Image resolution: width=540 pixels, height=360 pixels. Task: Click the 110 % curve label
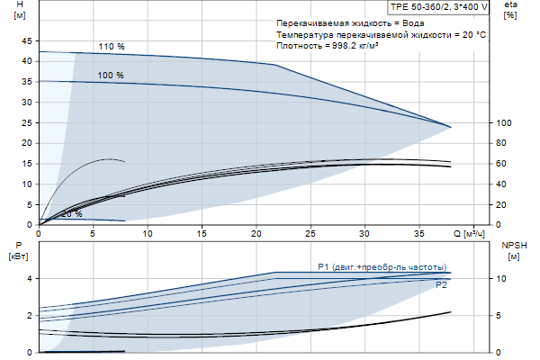coord(111,47)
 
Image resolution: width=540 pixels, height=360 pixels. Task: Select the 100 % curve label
coord(111,75)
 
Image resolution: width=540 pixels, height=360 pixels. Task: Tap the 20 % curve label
coord(72,214)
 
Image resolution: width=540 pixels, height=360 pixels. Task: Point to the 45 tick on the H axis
coord(25,40)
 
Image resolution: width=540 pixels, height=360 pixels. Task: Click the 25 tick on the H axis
coord(25,122)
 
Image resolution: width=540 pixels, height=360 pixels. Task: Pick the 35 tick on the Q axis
coord(419,233)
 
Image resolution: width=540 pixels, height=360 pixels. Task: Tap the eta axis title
coord(510,6)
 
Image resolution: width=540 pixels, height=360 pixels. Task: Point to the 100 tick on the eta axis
coord(504,122)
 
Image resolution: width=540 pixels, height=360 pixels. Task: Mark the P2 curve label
coord(441,285)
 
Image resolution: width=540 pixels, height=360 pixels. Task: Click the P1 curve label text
coord(382,266)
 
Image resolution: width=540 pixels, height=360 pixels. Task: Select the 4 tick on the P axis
coord(29,279)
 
